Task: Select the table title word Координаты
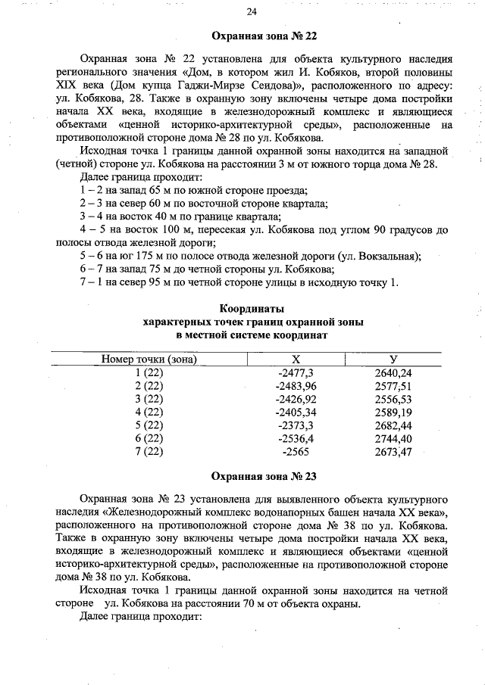pyautogui.click(x=252, y=309)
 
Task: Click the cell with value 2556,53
pyautogui.click(x=394, y=399)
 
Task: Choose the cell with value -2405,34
pyautogui.click(x=296, y=412)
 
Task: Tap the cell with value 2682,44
pyautogui.click(x=394, y=425)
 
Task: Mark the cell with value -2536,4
pyautogui.click(x=296, y=438)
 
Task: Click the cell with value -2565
pyautogui.click(x=296, y=452)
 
